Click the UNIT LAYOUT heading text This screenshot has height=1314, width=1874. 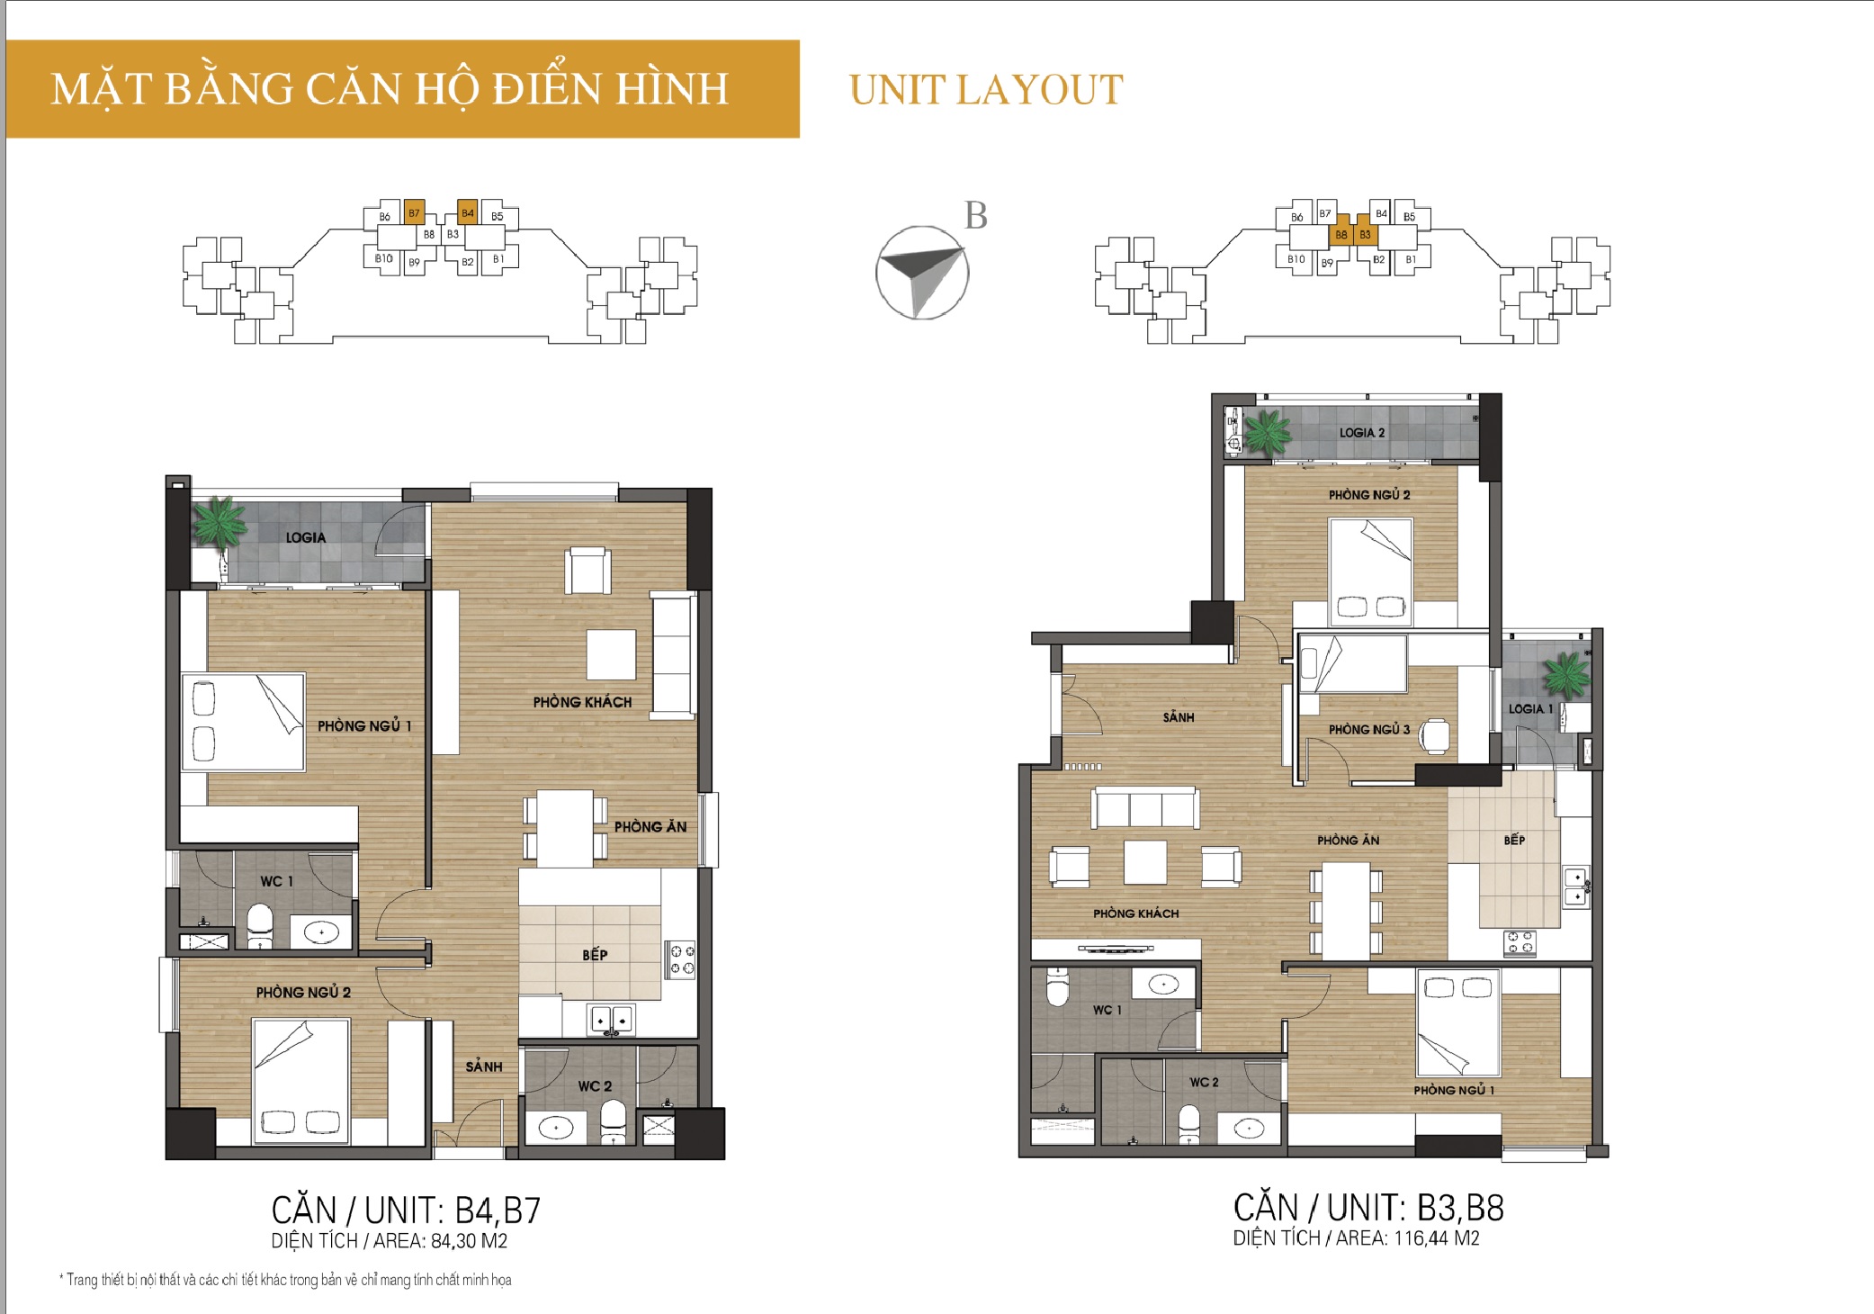point(986,90)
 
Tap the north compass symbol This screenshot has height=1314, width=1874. point(922,273)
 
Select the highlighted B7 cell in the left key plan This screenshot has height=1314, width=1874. point(414,212)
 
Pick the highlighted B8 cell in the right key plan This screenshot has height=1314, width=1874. point(1341,235)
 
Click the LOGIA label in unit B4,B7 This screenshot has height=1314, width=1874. point(306,537)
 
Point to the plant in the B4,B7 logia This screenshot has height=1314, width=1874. point(218,521)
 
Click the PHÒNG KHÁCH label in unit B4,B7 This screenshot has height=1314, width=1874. point(582,702)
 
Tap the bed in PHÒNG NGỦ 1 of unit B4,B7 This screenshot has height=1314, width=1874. point(244,722)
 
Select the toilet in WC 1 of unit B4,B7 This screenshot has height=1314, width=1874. point(260,926)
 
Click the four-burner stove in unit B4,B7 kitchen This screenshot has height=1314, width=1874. point(680,959)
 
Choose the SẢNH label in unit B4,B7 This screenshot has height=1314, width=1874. point(484,1066)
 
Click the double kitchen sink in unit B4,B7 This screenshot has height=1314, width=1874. point(610,1020)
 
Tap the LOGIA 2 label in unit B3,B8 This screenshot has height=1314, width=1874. point(1362,433)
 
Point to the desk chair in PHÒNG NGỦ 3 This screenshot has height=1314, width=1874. point(1435,735)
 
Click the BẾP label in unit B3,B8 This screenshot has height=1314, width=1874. point(1514,840)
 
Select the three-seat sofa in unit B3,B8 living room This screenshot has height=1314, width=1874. point(1145,807)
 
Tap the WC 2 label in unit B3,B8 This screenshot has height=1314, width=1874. point(1204,1082)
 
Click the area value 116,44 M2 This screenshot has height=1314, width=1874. point(1437,1238)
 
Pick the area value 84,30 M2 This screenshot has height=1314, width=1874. point(470,1241)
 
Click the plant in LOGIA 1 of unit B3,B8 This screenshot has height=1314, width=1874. point(1567,675)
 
